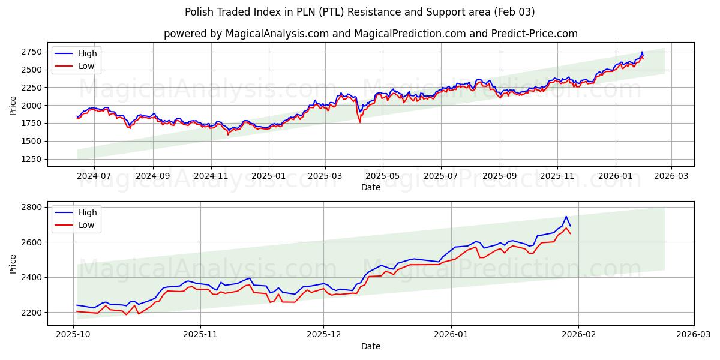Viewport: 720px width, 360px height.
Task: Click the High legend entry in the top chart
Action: pyautogui.click(x=87, y=53)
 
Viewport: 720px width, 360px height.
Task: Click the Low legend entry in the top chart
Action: pyautogui.click(x=86, y=66)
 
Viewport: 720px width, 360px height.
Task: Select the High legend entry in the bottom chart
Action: pyautogui.click(x=87, y=212)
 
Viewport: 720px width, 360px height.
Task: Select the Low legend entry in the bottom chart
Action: pyautogui.click(x=86, y=225)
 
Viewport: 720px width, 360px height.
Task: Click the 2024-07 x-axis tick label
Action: pyautogui.click(x=94, y=176)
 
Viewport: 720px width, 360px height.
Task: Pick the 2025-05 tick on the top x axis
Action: pyautogui.click(x=383, y=176)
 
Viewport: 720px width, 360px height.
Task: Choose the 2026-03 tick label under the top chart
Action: pyautogui.click(x=671, y=176)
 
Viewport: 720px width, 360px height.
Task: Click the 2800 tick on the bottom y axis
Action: pyautogui.click(x=32, y=207)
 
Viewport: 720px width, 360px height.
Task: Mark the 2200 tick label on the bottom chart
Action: pyautogui.click(x=32, y=313)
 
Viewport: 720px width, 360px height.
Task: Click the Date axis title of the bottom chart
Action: pyautogui.click(x=370, y=346)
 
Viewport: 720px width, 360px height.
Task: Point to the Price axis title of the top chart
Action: pyautogui.click(x=13, y=105)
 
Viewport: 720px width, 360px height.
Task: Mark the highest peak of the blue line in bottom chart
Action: pyautogui.click(x=566, y=217)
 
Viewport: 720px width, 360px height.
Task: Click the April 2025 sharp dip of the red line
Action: pyautogui.click(x=360, y=122)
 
